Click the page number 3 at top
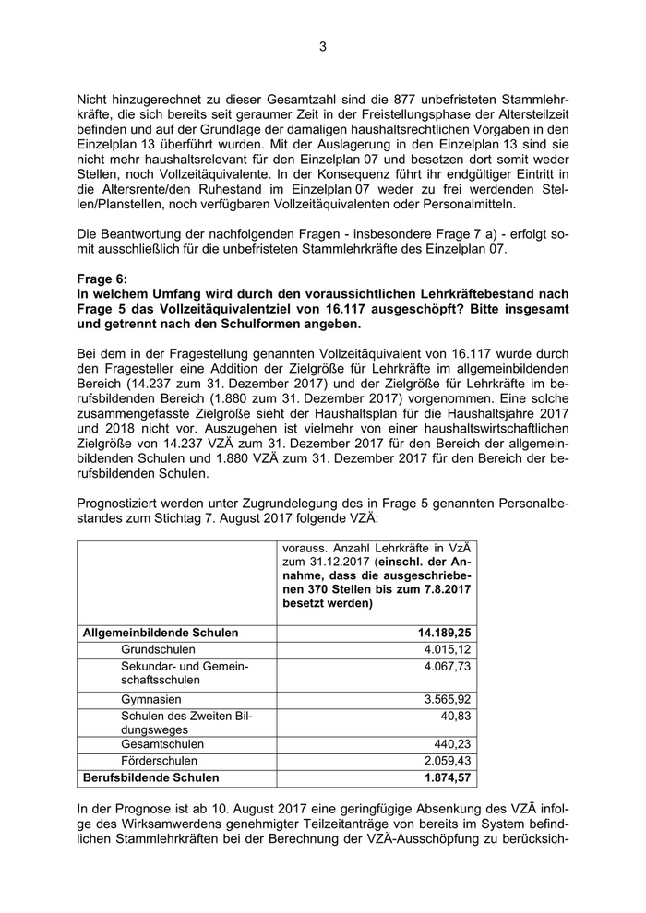pyautogui.click(x=323, y=47)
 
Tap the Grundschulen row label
pyautogui.click(x=158, y=649)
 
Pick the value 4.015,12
pyautogui.click(x=447, y=649)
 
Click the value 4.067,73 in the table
pyautogui.click(x=447, y=666)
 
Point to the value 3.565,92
pyautogui.click(x=447, y=699)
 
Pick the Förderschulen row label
pyautogui.click(x=159, y=761)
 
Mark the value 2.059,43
pyautogui.click(x=447, y=761)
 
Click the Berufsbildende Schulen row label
pyautogui.click(x=152, y=777)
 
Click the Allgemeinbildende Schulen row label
pyautogui.click(x=161, y=633)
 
